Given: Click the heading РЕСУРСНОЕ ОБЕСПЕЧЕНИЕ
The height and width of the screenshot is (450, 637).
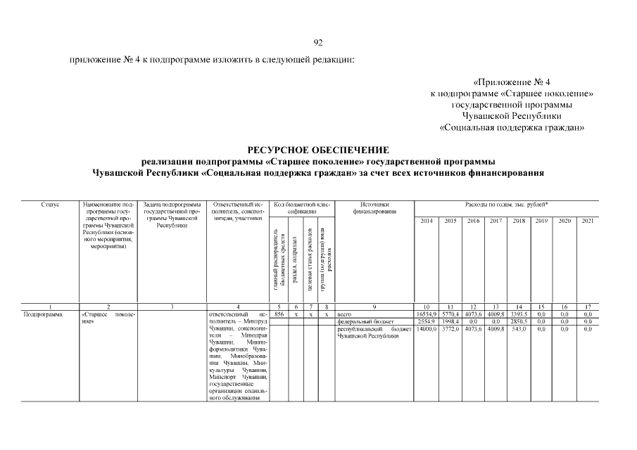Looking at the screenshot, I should click(x=318, y=150).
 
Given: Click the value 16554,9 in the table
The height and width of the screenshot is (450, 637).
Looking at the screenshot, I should click(x=427, y=314).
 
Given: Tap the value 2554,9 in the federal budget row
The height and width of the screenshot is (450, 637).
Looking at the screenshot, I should click(x=427, y=321).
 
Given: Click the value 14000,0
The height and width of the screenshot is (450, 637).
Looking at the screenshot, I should click(x=427, y=328).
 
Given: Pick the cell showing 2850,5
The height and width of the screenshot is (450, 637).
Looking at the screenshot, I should click(x=519, y=321).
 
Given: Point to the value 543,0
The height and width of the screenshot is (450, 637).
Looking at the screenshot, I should click(x=519, y=328).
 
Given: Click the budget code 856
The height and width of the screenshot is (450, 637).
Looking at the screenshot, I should click(x=279, y=314).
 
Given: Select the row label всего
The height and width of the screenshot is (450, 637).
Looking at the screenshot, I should click(x=345, y=314).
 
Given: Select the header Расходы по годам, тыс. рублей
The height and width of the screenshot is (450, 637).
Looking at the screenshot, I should click(x=507, y=205).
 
